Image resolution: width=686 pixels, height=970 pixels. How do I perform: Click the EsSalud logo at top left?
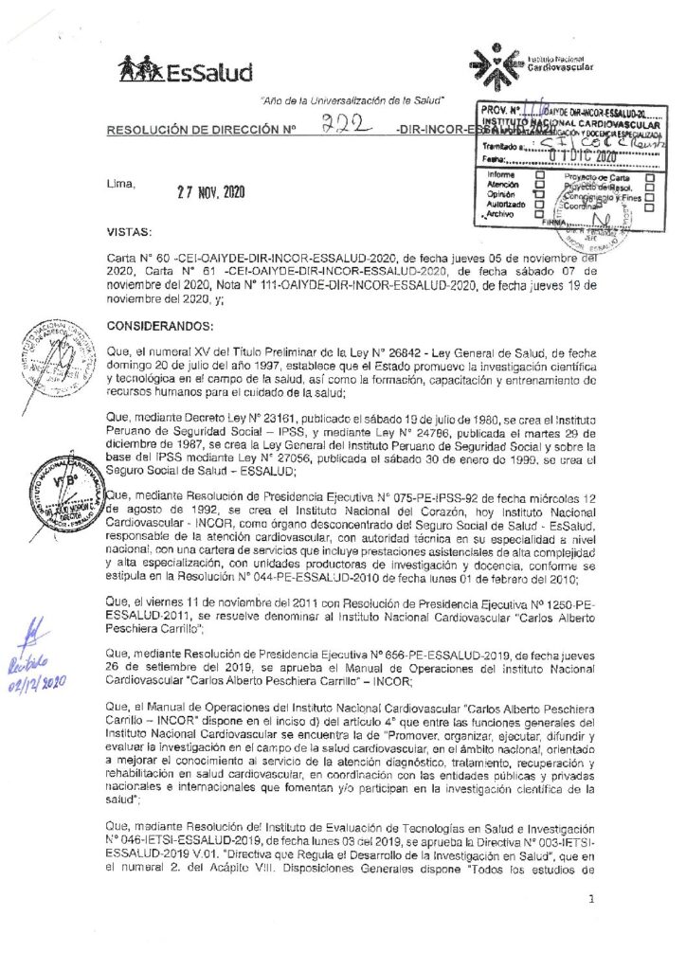185,70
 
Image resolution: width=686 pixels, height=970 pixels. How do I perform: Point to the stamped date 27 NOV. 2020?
210,190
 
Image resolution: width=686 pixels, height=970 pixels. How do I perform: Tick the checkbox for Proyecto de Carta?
650,177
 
